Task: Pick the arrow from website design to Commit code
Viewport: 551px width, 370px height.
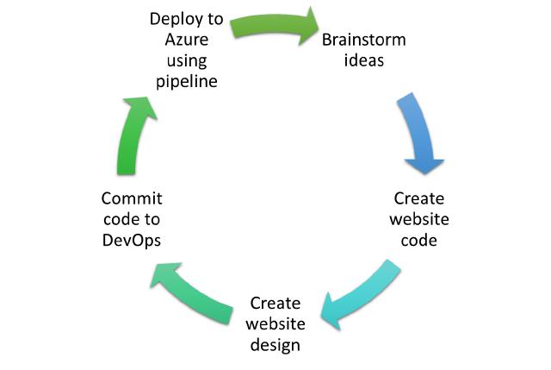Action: pyautogui.click(x=195, y=292)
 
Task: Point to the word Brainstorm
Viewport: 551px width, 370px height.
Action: pyautogui.click(x=363, y=41)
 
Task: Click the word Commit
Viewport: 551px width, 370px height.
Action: pyautogui.click(x=131, y=198)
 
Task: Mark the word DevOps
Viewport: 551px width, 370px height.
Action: pyautogui.click(x=131, y=239)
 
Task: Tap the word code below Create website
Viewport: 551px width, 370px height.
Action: pyautogui.click(x=419, y=240)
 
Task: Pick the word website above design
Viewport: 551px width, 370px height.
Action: pyautogui.click(x=275, y=324)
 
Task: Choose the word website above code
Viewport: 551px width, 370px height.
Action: pyautogui.click(x=419, y=218)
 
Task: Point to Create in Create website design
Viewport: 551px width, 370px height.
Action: pyautogui.click(x=275, y=304)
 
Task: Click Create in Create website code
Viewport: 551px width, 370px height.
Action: pyautogui.click(x=419, y=198)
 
